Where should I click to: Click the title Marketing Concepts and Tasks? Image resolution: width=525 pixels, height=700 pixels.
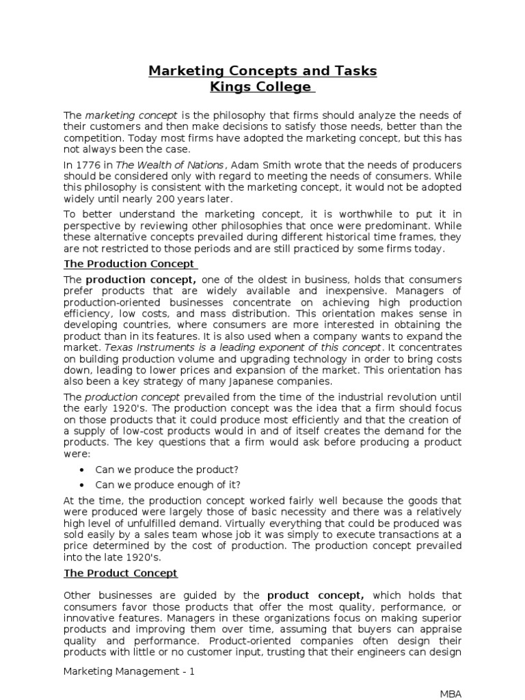pyautogui.click(x=262, y=71)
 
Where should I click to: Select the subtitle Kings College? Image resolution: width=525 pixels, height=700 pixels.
pyautogui.click(x=262, y=87)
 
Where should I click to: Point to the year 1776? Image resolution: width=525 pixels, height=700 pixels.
pyautogui.click(x=87, y=165)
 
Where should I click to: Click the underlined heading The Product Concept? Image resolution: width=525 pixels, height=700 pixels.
pyautogui.click(x=121, y=573)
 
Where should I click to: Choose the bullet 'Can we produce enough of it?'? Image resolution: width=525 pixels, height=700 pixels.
pyautogui.click(x=167, y=485)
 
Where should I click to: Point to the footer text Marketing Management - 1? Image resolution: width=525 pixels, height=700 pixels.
pyautogui.click(x=129, y=671)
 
